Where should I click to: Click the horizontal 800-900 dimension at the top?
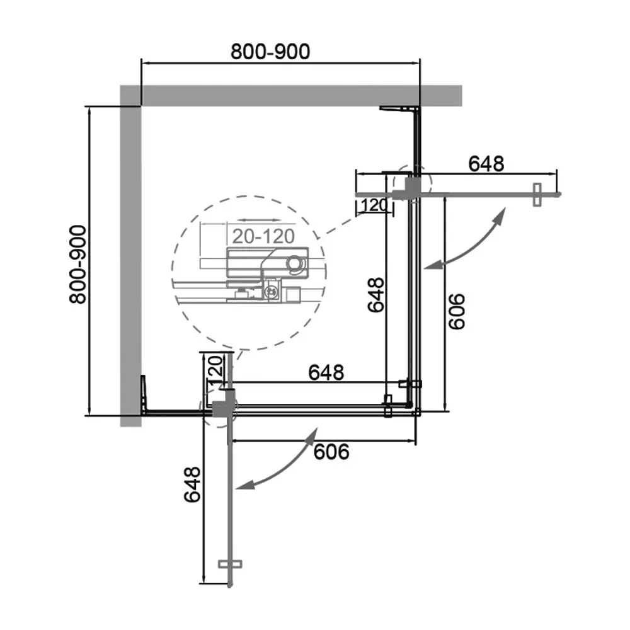pyautogui.click(x=270, y=52)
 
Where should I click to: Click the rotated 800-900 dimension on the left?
pyautogui.click(x=77, y=265)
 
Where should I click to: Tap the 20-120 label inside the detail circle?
pyautogui.click(x=263, y=236)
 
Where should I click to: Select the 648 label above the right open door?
pyautogui.click(x=486, y=164)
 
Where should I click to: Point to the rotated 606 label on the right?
pyautogui.click(x=456, y=312)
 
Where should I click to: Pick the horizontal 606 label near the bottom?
pyautogui.click(x=331, y=452)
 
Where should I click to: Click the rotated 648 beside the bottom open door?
pyautogui.click(x=192, y=484)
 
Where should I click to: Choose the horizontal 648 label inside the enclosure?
pyautogui.click(x=326, y=372)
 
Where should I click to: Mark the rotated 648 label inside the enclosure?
pyautogui.click(x=376, y=294)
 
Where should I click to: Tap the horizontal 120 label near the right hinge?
pyautogui.click(x=374, y=205)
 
